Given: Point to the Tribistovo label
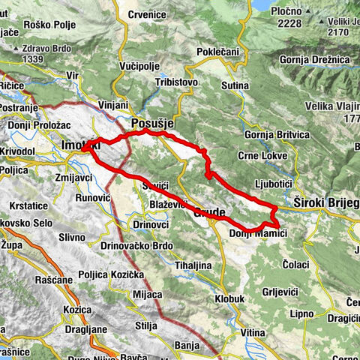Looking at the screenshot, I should coord(174,82).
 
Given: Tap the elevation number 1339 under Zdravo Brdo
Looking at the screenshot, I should coord(36,59).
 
